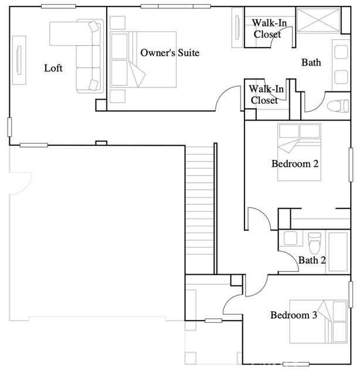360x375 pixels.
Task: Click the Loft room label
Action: (x=53, y=69)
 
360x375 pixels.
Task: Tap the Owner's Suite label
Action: (x=169, y=53)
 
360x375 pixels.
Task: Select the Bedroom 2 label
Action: (x=295, y=164)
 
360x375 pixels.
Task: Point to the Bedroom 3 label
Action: (x=294, y=315)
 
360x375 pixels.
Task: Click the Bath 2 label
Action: (x=312, y=260)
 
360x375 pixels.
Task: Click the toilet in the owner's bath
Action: (x=338, y=106)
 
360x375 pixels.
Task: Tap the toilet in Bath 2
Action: (x=314, y=243)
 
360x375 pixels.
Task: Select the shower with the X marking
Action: (x=318, y=20)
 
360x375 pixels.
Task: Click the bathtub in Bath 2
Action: (x=338, y=251)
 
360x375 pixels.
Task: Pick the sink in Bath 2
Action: (x=290, y=238)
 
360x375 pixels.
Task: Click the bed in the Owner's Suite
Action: (x=143, y=60)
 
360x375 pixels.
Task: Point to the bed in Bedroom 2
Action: (x=299, y=152)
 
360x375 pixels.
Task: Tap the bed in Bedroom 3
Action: (x=318, y=322)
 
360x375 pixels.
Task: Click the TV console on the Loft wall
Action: (x=19, y=60)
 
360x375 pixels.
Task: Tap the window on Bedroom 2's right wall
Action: (x=351, y=165)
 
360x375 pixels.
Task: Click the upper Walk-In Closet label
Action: (x=269, y=29)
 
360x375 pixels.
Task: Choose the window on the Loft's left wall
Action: (x=9, y=127)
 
